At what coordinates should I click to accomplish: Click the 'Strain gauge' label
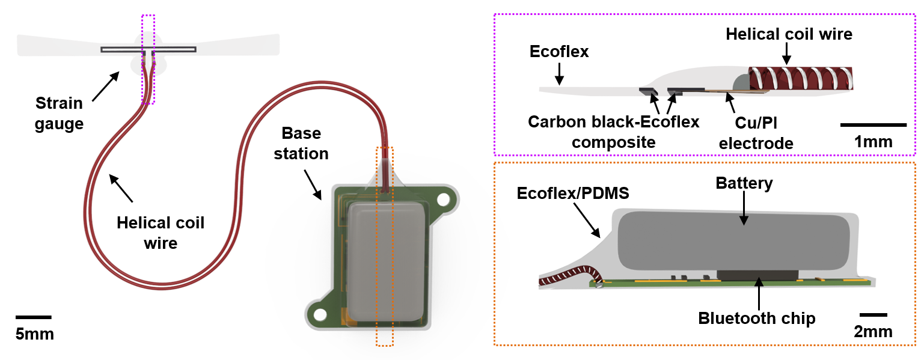tap(58, 114)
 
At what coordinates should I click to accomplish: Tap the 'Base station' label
tap(301, 143)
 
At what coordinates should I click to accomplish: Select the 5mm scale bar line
tap(33, 317)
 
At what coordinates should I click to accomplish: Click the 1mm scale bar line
tap(873, 125)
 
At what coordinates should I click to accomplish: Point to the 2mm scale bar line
tap(874, 314)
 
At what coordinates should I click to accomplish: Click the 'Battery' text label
tap(744, 183)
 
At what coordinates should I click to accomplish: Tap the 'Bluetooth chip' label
tap(757, 318)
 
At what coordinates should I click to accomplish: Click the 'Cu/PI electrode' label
tap(756, 133)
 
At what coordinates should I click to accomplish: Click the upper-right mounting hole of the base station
tap(443, 198)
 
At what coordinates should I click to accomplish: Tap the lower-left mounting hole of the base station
tap(320, 314)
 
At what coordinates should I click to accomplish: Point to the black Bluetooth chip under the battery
tap(757, 275)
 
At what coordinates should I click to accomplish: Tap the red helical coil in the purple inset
tap(800, 79)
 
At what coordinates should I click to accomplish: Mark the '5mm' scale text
tap(35, 334)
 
